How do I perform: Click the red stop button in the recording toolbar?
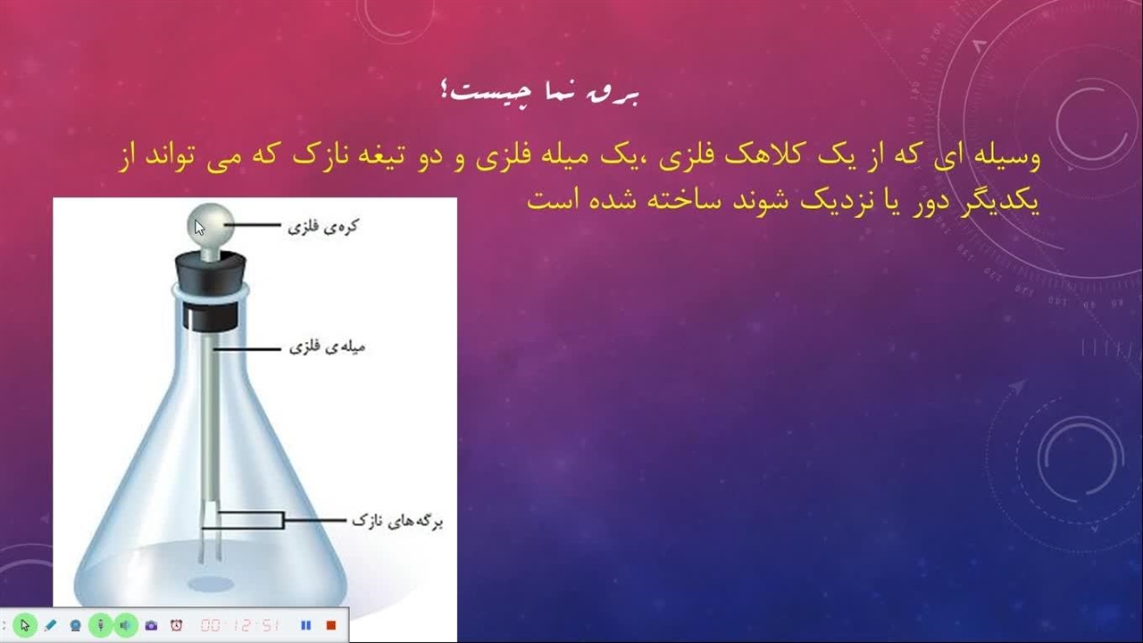[x=331, y=625]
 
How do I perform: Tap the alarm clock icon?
[x=177, y=625]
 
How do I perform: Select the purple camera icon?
[x=151, y=626]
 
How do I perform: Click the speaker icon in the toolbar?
[x=126, y=625]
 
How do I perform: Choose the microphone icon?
[x=101, y=625]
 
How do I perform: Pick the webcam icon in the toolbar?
[x=76, y=626]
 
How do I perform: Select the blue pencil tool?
[x=50, y=625]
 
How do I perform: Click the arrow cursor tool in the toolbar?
[x=25, y=625]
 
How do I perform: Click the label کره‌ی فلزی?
[x=323, y=226]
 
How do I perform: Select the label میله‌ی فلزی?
[x=327, y=347]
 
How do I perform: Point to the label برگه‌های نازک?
[x=397, y=521]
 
